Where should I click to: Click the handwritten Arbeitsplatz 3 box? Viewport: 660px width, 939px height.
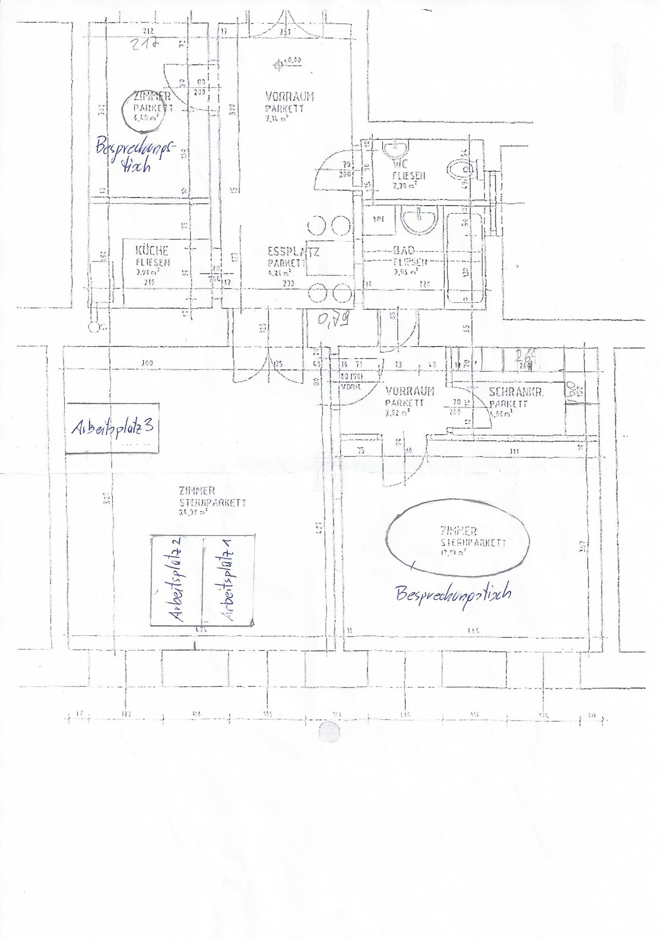click(x=112, y=428)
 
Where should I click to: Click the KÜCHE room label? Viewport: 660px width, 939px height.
click(x=152, y=251)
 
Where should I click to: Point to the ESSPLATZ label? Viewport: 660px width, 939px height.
click(x=293, y=252)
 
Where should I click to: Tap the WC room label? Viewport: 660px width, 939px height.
click(x=400, y=163)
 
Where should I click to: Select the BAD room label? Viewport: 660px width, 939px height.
click(x=404, y=251)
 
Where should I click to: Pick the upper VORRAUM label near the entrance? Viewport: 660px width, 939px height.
click(x=289, y=96)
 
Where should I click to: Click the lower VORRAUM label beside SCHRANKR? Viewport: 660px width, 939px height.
click(x=410, y=391)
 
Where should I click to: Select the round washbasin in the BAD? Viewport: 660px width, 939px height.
click(x=419, y=220)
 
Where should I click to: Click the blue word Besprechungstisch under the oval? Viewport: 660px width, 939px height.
click(x=453, y=594)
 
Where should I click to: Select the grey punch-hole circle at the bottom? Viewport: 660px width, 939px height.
click(x=330, y=731)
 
